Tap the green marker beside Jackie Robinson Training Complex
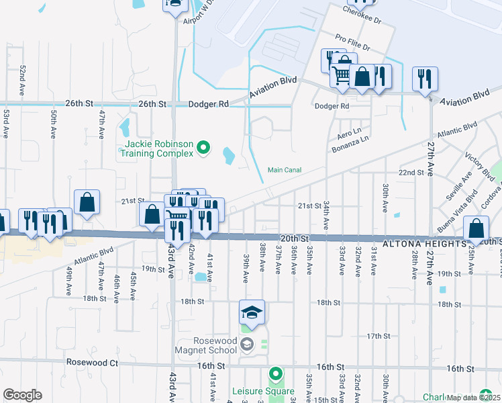(205, 148)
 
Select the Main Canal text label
(285, 170)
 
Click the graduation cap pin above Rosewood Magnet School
(252, 313)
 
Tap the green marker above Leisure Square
(275, 373)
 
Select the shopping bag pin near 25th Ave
(476, 230)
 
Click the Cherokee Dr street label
(362, 15)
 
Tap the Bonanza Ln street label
(355, 139)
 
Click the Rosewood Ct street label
(92, 362)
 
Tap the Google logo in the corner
(22, 394)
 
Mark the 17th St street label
(379, 336)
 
